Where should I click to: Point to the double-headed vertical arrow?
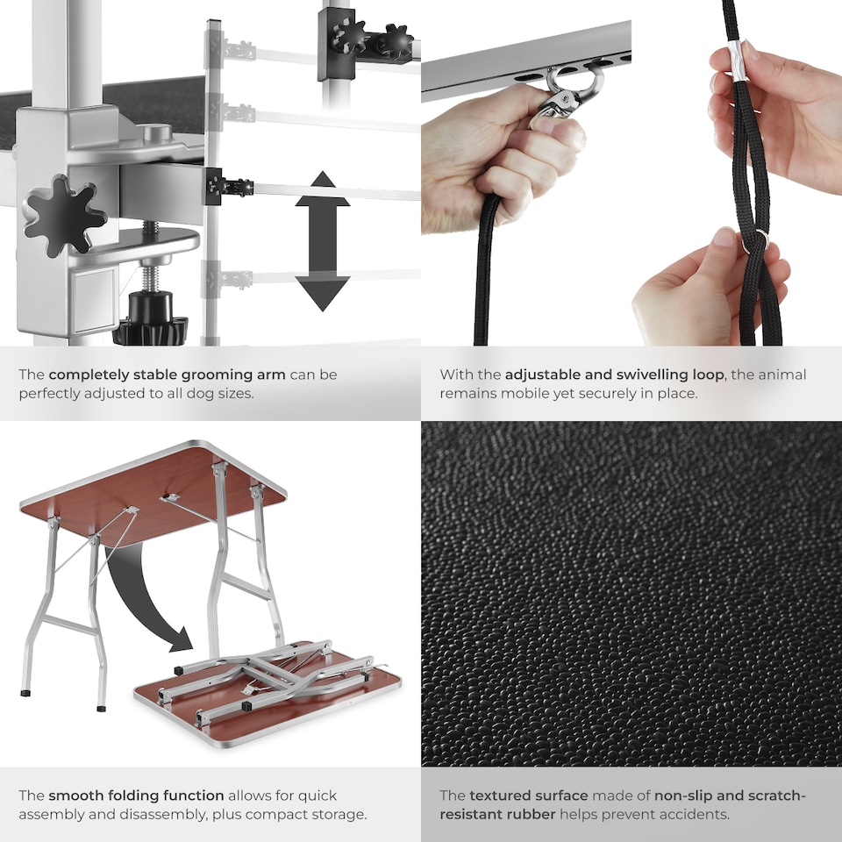(322, 240)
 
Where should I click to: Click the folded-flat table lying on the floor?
(263, 693)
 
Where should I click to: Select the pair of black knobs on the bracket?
(368, 39)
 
